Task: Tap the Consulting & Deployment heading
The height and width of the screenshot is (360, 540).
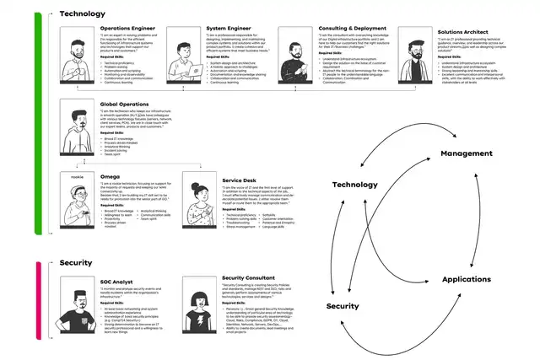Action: pyautogui.click(x=348, y=27)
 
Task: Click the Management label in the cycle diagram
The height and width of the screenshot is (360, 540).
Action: pyautogui.click(x=466, y=153)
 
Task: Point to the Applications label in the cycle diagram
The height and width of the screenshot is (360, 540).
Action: pyautogui.click(x=466, y=277)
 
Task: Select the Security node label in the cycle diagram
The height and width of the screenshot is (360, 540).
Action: pyautogui.click(x=343, y=305)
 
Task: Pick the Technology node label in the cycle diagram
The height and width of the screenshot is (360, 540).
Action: pyautogui.click(x=354, y=184)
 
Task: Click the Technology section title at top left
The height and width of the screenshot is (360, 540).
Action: pyautogui.click(x=83, y=13)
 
